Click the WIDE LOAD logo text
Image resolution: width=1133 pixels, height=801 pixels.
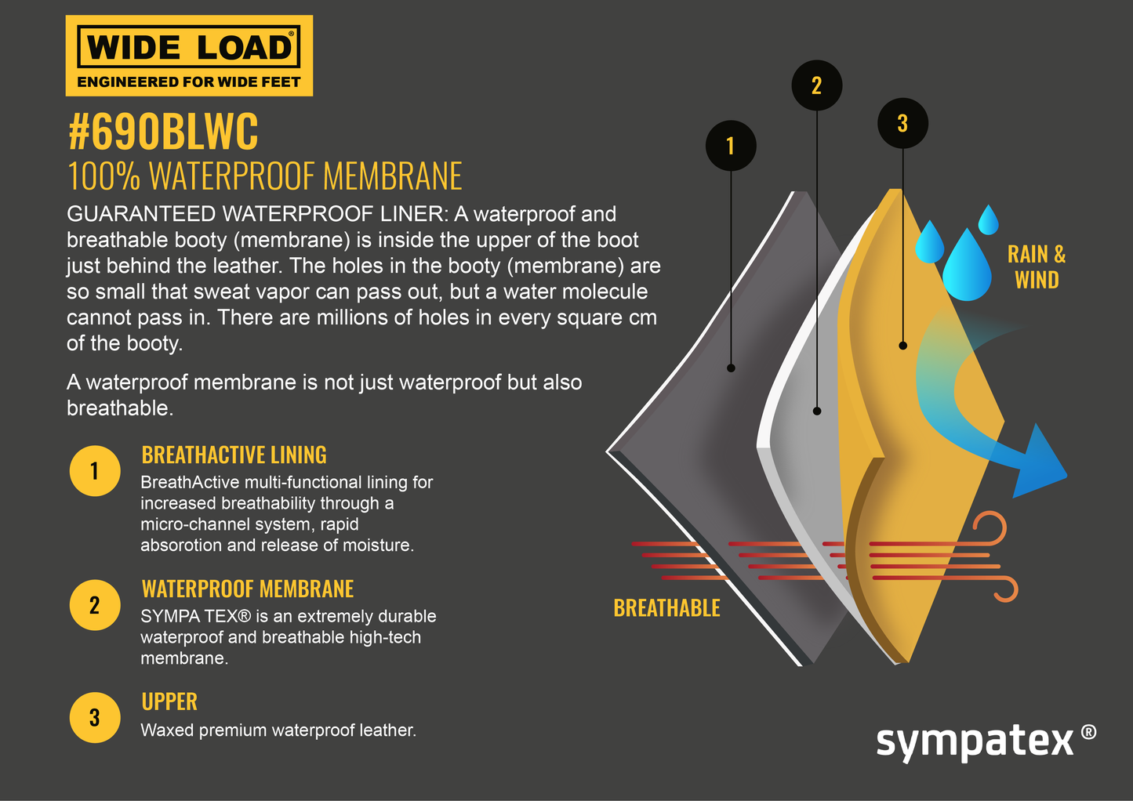(x=189, y=47)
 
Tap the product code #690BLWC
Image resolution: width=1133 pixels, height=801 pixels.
(x=163, y=132)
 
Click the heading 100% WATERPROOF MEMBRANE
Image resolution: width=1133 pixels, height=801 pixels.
(x=265, y=176)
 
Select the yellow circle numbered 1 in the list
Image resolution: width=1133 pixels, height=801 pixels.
(x=95, y=471)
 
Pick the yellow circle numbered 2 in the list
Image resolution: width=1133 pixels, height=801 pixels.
(x=95, y=605)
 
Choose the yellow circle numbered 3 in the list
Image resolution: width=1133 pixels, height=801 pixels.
(x=95, y=717)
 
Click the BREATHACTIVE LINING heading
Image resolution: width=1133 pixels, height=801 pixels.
(x=234, y=455)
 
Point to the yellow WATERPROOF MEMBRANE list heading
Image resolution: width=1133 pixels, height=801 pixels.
(x=248, y=589)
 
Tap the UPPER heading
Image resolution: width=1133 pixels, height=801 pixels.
(x=169, y=701)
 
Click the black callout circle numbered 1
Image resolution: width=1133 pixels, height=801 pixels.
(x=731, y=146)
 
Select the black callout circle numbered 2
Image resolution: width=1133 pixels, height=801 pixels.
(x=817, y=85)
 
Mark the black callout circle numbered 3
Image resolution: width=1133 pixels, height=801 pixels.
(x=902, y=123)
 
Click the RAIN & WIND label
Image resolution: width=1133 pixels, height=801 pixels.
(x=1037, y=267)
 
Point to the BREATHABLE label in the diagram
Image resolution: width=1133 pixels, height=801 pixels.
(x=666, y=608)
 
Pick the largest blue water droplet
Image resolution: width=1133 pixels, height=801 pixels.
(x=967, y=269)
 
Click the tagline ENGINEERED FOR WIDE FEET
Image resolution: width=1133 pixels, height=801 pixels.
(x=189, y=82)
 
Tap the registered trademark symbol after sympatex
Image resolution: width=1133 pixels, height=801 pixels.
(x=1088, y=732)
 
